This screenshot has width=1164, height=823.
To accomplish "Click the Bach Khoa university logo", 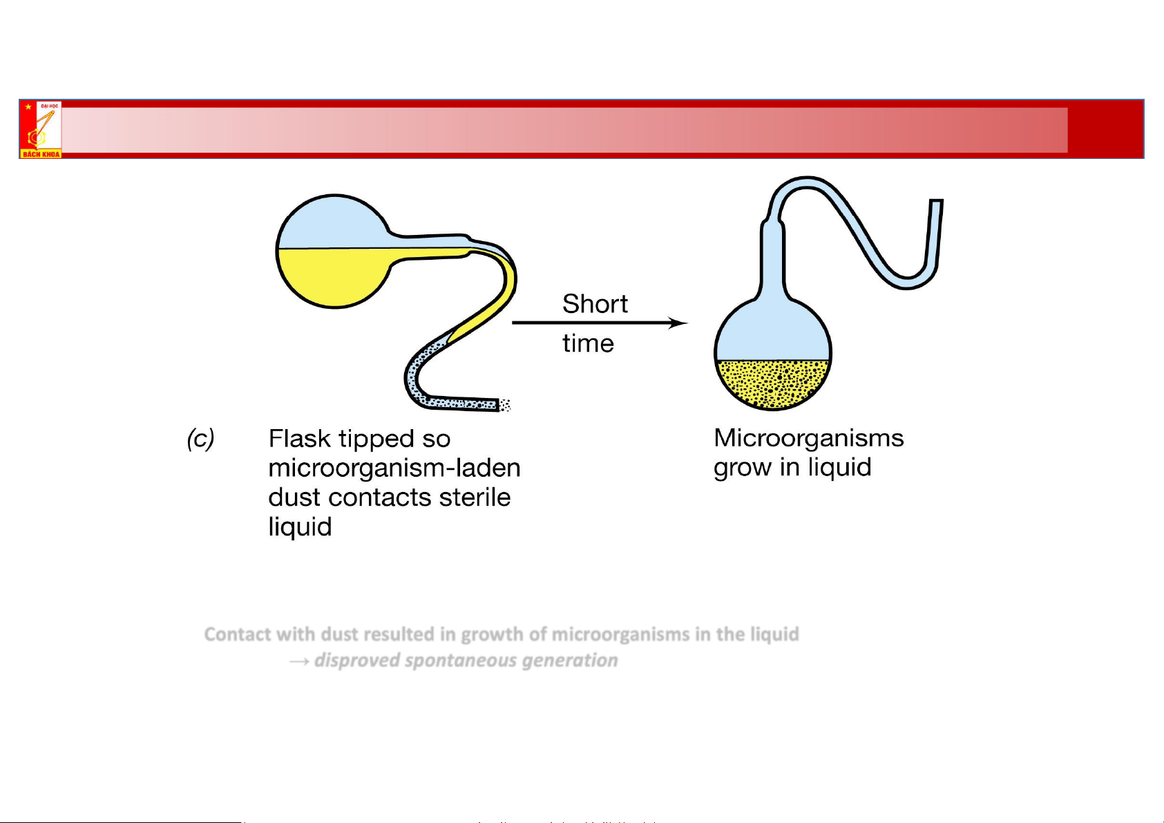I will tap(41, 129).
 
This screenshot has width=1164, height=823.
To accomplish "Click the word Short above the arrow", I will tap(595, 304).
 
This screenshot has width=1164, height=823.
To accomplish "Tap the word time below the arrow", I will tap(588, 343).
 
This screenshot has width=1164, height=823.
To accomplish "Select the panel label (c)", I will tap(200, 439).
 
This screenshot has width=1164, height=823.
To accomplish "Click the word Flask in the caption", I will tap(299, 439).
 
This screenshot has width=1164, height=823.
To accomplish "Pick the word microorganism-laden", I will tap(394, 469).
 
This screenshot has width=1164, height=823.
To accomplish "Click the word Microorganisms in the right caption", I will tap(808, 438).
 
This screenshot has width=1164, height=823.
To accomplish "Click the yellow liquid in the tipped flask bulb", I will tap(332, 276).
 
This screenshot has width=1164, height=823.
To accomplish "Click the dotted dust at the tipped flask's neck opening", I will tap(505, 405).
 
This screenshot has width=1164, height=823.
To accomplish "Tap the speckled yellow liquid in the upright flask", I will tap(772, 384).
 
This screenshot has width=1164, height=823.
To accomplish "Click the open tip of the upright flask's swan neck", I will tap(936, 202).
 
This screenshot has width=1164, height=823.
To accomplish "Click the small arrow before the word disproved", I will tap(299, 662).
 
